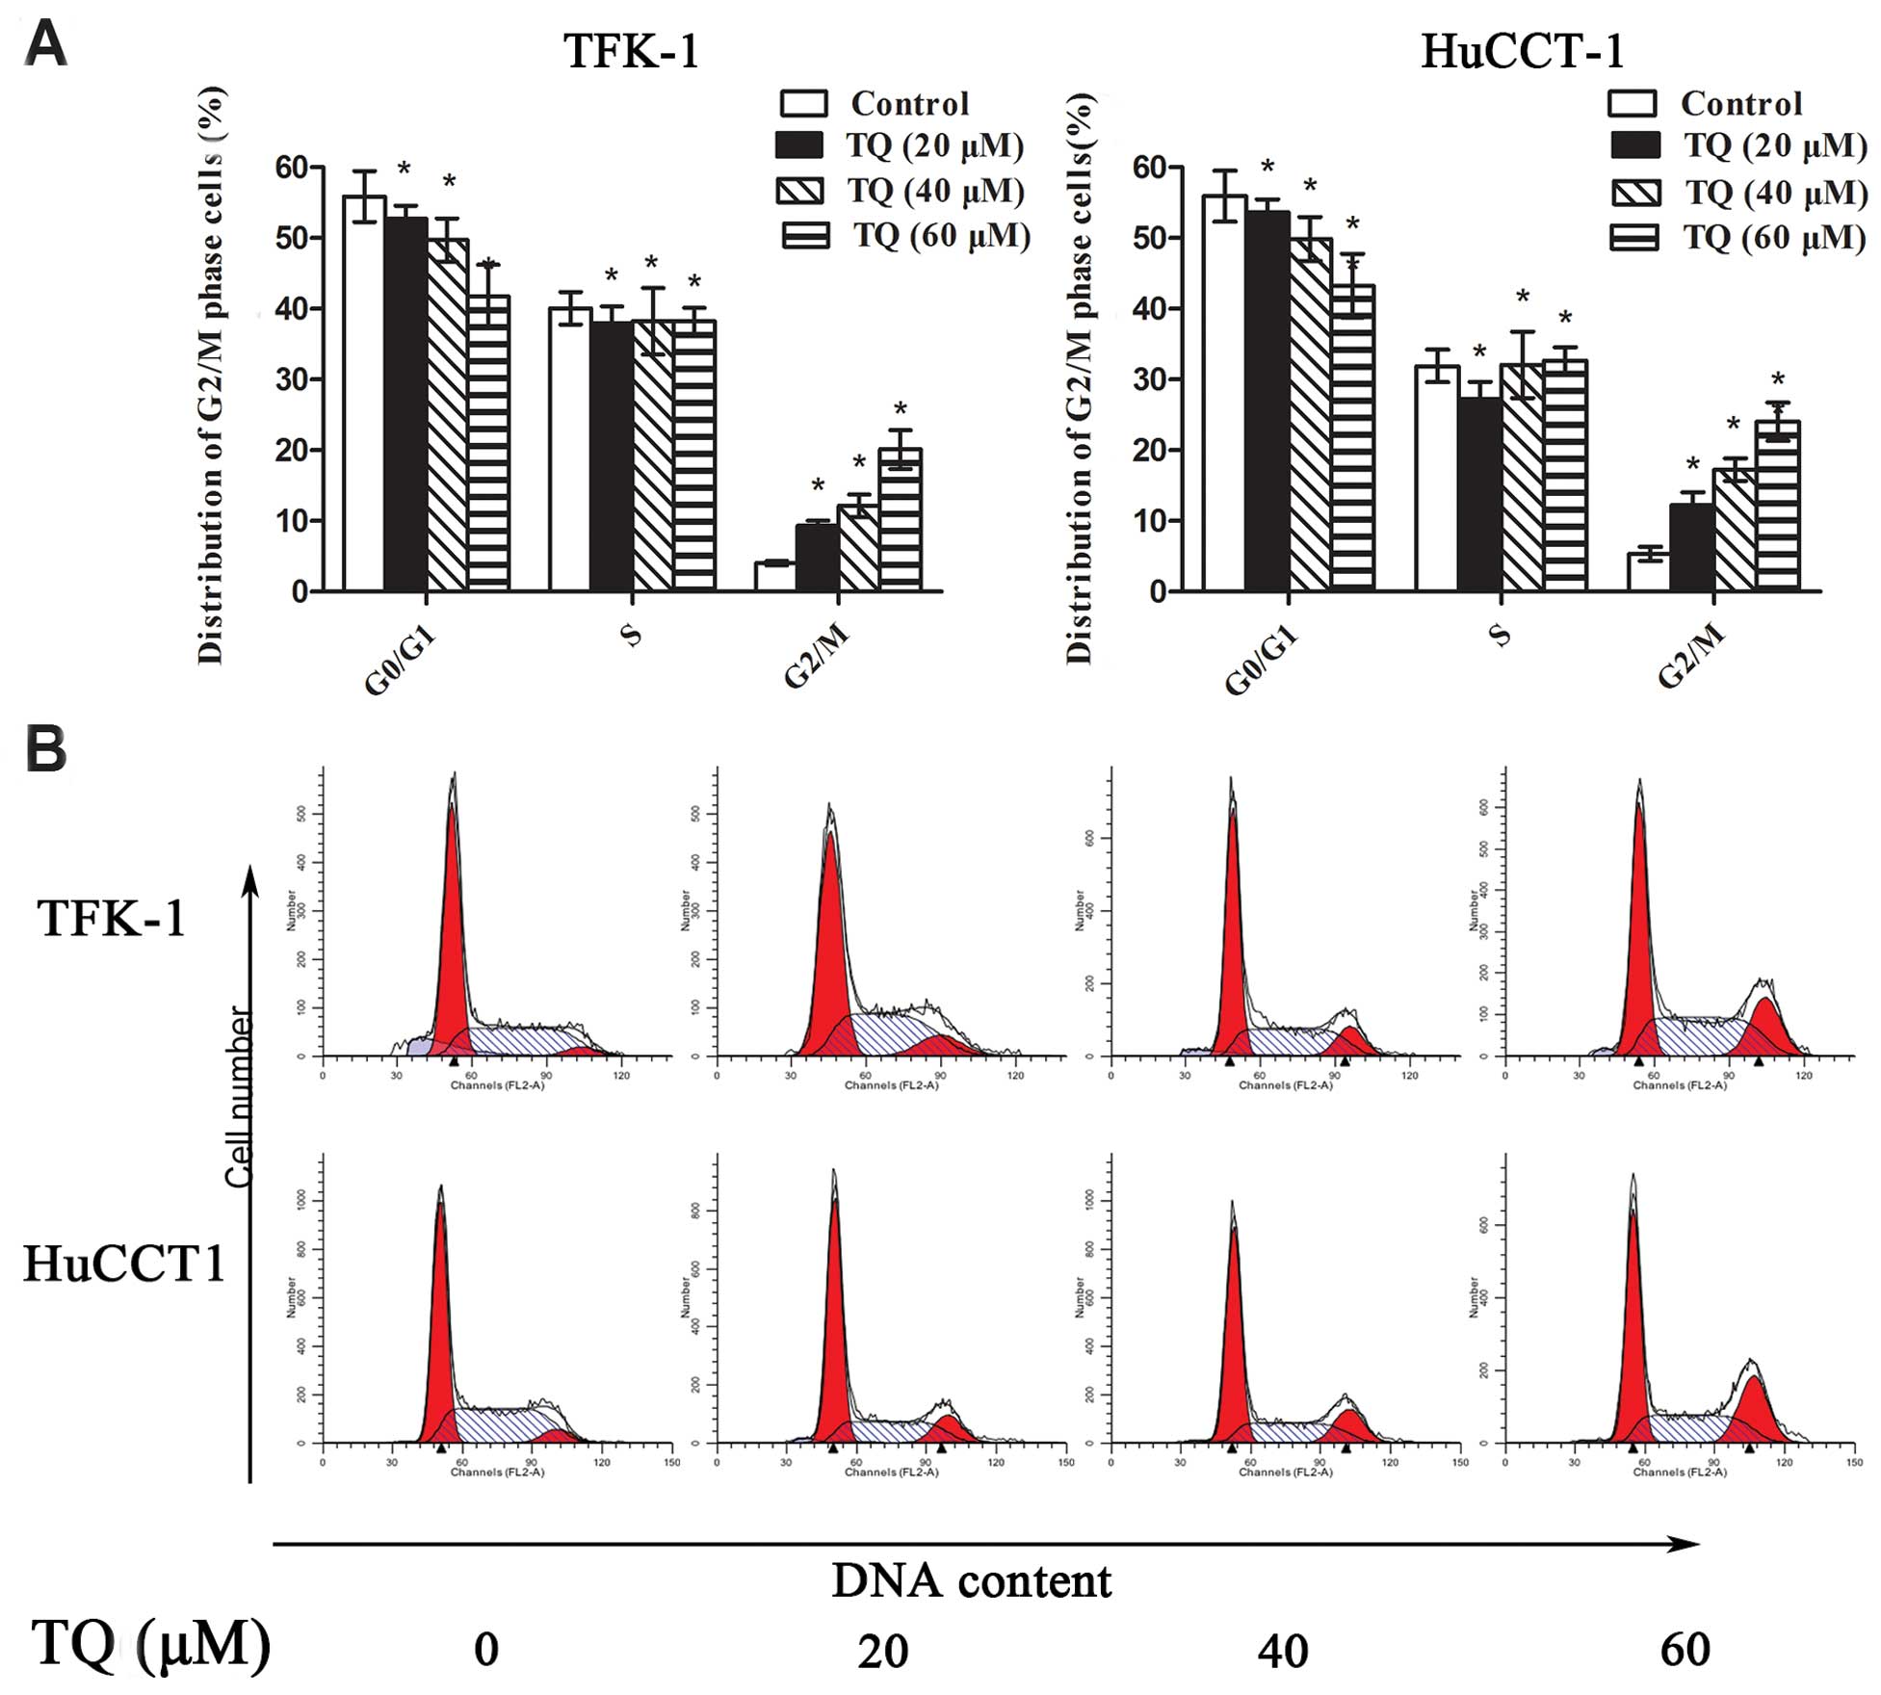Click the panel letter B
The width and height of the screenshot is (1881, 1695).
(46, 749)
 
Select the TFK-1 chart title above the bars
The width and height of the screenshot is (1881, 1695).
(631, 50)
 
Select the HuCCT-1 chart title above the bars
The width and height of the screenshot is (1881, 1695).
(1523, 50)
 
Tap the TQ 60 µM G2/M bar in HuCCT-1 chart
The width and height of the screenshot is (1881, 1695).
(1777, 506)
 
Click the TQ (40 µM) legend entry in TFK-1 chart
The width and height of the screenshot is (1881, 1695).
(901, 191)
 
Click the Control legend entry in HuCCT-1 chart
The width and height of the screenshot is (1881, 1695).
(1706, 103)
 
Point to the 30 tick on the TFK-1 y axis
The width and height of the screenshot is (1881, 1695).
(291, 379)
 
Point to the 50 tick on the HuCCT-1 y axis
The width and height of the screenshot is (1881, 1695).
(1150, 238)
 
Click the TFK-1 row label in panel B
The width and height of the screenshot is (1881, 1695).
(112, 918)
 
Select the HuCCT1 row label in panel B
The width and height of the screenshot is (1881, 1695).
(123, 1264)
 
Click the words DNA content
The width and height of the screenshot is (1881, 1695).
(971, 1581)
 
